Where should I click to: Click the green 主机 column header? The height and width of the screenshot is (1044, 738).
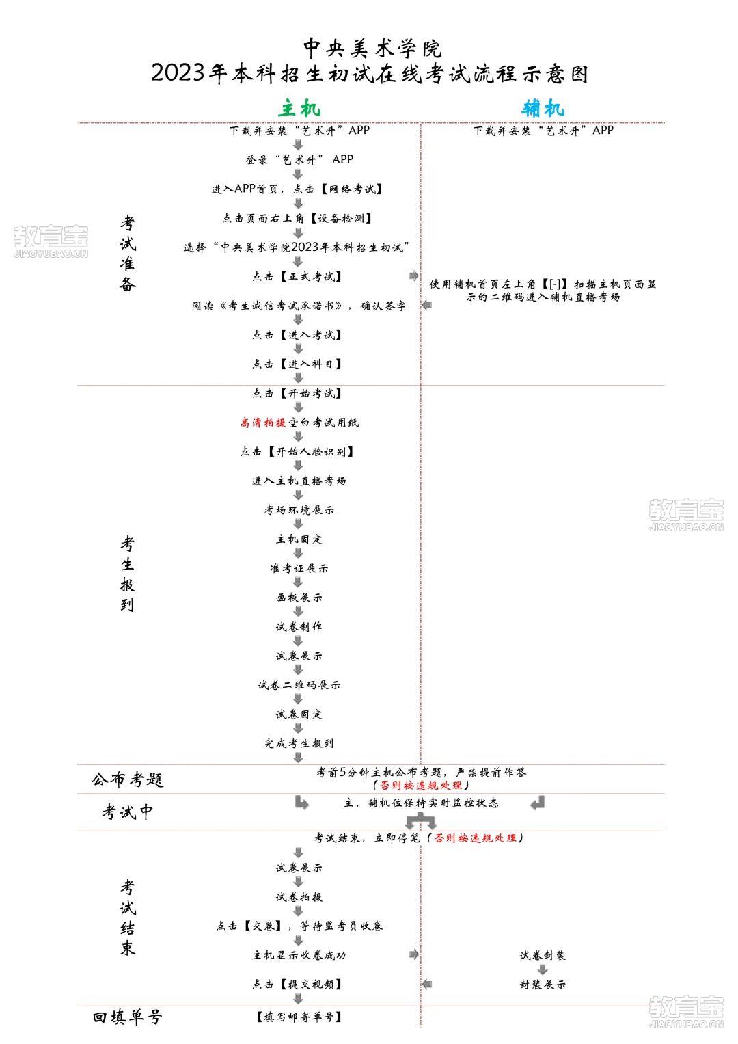299,109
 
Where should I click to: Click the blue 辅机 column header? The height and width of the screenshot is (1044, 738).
543,109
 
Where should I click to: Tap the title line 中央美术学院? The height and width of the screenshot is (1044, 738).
372,48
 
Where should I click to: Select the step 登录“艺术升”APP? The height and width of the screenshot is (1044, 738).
299,159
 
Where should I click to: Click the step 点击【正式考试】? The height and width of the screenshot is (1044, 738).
297,276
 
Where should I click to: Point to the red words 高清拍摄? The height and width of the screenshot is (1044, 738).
263,423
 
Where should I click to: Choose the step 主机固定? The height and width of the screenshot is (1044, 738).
299,539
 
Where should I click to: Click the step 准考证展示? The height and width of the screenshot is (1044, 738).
299,568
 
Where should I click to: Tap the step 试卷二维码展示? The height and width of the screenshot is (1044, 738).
299,684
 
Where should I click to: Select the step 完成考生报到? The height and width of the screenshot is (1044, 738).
299,743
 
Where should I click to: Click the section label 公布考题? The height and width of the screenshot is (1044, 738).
127,779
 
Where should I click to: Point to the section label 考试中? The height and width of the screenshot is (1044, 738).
127,812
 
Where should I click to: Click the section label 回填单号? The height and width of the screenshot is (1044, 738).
127,1017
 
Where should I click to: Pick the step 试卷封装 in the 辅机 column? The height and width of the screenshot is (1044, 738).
543,955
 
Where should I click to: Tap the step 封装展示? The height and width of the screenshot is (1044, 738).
543,984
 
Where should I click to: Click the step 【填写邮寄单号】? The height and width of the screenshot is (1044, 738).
299,1017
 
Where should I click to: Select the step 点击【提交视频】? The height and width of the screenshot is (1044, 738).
297,984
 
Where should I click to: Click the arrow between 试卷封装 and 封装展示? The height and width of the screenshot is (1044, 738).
543,969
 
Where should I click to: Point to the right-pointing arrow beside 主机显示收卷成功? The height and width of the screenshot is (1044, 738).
413,954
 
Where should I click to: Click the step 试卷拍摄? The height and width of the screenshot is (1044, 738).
299,897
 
